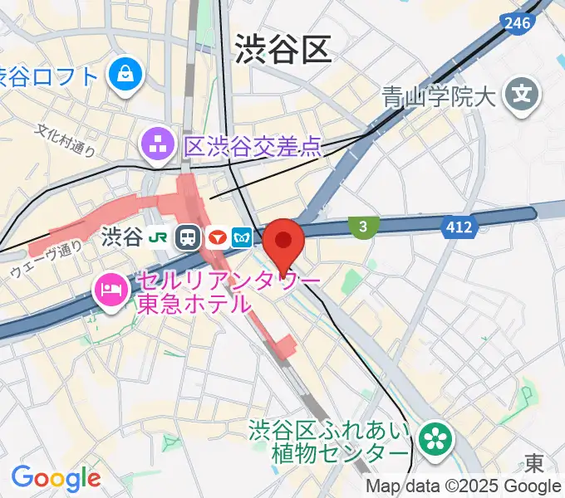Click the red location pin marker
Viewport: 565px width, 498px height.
pos(283,242)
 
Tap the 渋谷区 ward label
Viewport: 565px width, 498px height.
pos(282,49)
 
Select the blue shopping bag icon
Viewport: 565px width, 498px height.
pos(127,76)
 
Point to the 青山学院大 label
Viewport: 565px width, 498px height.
pos(439,97)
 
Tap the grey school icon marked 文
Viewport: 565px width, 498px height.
pos(522,95)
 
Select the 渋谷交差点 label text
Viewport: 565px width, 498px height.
pos(253,148)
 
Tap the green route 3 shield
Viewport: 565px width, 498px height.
pos(363,225)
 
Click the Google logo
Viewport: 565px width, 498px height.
pos(56,477)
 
